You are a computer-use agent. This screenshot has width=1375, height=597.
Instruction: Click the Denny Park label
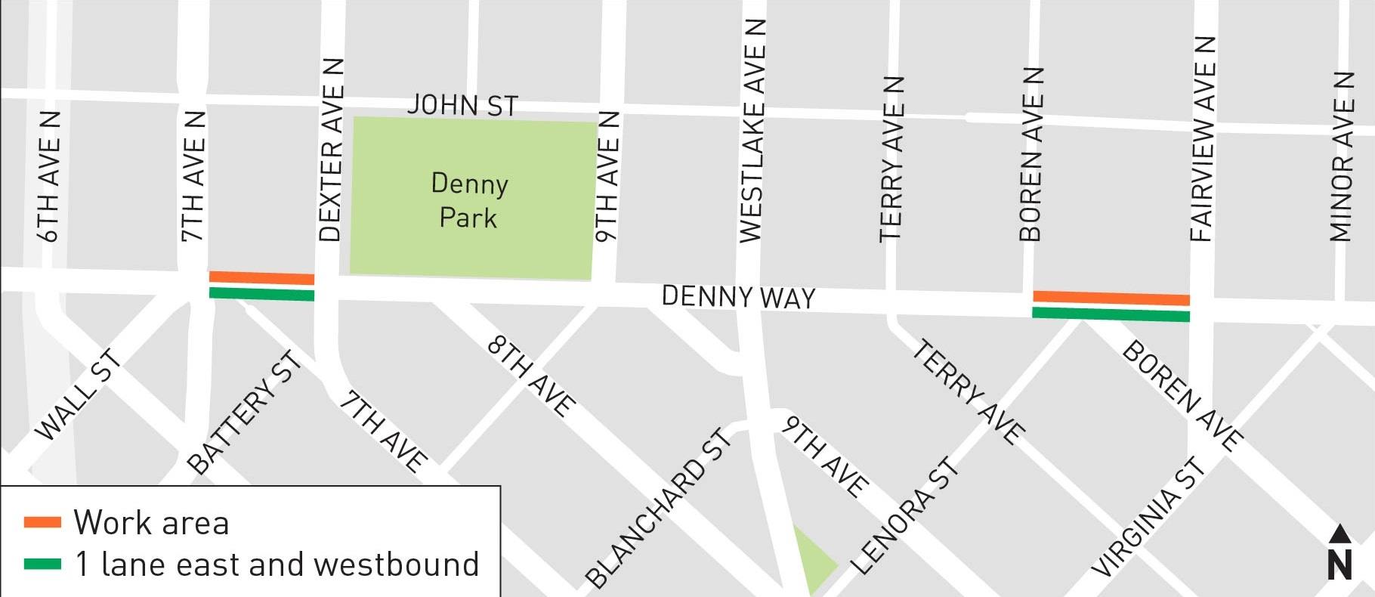coord(469,200)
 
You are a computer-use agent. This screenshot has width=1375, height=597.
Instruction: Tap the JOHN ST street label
coord(462,105)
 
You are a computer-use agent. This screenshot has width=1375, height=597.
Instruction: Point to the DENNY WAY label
coord(738,297)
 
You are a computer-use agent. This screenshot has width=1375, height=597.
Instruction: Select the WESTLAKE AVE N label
coord(752,131)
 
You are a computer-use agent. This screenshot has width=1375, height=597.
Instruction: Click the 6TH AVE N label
coord(48,176)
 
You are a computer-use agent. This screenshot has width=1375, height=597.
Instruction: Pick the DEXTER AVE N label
coord(331,150)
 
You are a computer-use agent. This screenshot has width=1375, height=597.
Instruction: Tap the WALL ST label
coord(78,394)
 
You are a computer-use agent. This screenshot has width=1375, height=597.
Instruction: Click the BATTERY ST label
coord(244,413)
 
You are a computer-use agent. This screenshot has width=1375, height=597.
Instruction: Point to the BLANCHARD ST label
coord(658,508)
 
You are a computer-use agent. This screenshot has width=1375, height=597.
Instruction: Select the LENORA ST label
coord(904,515)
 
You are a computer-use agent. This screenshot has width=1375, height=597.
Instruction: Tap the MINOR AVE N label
coord(1342,156)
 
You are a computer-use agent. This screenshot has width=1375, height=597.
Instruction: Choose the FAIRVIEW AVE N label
coord(1203,138)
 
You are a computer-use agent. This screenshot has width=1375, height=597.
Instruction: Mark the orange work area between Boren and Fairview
coord(1111,298)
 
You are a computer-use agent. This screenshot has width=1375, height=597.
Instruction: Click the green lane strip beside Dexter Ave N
coord(261,293)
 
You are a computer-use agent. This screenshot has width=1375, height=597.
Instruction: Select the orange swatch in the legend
coord(42,522)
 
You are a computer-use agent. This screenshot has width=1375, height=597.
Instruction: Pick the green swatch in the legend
coord(42,564)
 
